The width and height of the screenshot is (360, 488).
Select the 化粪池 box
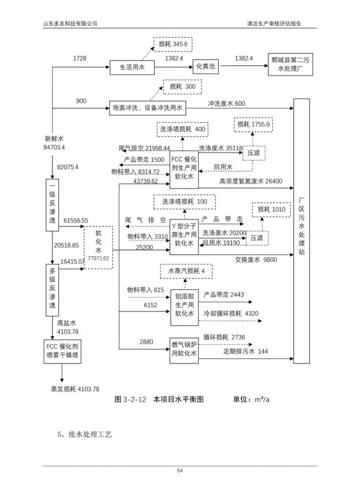click(205, 66)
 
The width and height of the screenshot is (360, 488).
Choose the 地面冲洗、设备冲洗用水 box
click(147, 107)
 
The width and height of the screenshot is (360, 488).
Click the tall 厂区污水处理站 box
click(301, 230)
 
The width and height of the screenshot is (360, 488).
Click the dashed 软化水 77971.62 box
click(98, 247)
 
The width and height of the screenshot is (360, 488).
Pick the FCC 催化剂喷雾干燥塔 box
click(61, 351)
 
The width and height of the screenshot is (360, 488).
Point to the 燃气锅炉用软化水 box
click(184, 350)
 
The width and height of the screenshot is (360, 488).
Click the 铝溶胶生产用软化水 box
click(184, 307)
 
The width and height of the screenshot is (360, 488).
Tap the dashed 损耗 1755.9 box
click(253, 125)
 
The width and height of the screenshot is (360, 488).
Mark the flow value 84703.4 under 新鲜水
click(54, 147)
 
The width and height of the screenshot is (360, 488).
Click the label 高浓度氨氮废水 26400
click(251, 182)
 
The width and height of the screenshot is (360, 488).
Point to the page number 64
click(180, 470)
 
